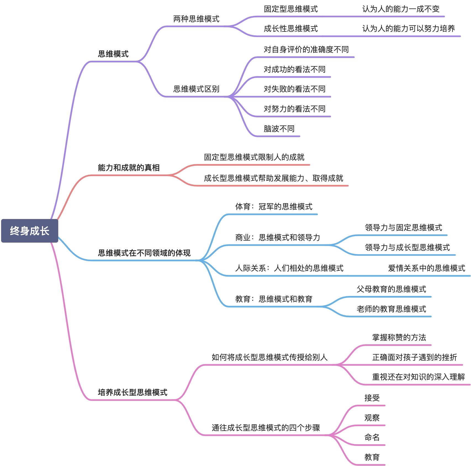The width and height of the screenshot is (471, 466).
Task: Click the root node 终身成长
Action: pos(30,231)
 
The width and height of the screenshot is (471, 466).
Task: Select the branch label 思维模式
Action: pos(113,54)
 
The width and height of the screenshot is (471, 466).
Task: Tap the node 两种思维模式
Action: pos(196,19)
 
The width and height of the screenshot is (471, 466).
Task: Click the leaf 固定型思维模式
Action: pos(291,9)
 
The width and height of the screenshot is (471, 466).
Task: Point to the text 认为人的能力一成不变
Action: pos(401,9)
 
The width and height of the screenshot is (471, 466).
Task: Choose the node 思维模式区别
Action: pos(196,89)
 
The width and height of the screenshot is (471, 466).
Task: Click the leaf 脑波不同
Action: pos(279,129)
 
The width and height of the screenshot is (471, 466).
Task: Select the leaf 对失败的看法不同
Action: pos(294,89)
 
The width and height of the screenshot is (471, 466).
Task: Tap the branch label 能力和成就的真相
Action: pos(129,168)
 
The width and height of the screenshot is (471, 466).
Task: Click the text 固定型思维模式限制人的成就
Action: pos(254,157)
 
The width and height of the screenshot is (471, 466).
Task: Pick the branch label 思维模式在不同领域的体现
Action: pos(144,253)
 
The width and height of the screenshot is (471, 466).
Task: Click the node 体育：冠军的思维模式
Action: pos(274,206)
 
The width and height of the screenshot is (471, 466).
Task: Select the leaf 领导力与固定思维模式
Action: pos(403,227)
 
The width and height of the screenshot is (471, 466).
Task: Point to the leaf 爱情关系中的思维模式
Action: pos(427,268)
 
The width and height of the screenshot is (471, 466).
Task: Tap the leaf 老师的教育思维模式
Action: pos(391,309)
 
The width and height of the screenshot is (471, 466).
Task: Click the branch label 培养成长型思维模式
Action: pos(133,392)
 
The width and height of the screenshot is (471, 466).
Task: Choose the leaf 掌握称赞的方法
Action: pos(399,337)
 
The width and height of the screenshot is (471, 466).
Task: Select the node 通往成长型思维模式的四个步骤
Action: pos(266,428)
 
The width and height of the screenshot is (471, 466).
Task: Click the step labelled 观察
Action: pos(372,418)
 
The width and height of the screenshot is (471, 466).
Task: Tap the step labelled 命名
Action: pos(372,437)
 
